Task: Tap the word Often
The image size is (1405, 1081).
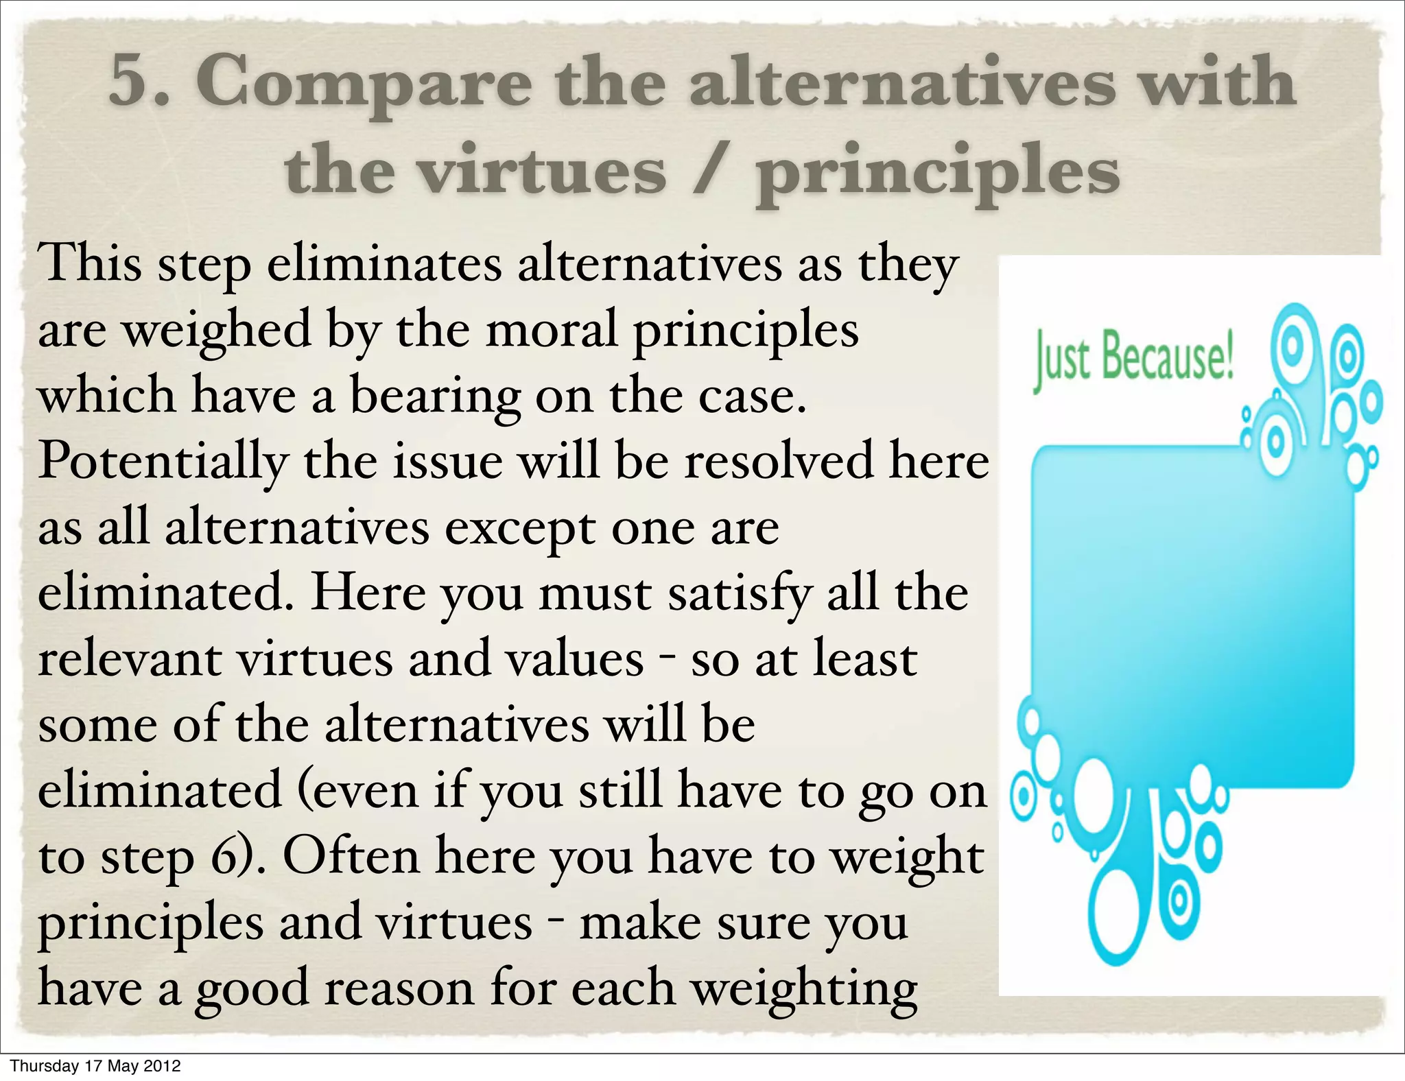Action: point(351,857)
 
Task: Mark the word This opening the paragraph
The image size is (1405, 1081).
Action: point(90,264)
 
